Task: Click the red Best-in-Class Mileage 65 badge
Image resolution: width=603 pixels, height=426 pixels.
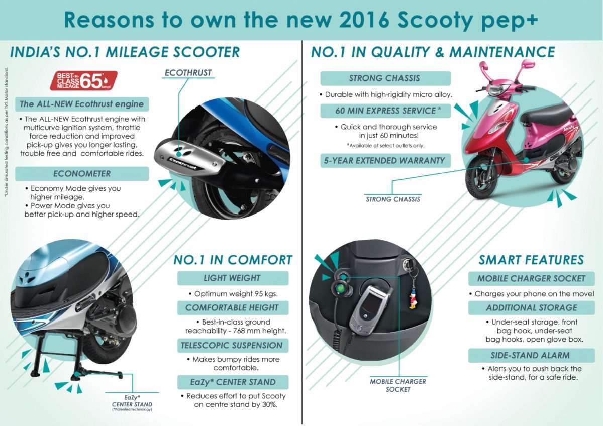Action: pyautogui.click(x=84, y=80)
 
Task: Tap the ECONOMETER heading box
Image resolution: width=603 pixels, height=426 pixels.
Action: pyautogui.click(x=82, y=174)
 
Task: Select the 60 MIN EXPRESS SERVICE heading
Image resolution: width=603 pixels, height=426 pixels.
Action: pyautogui.click(x=385, y=111)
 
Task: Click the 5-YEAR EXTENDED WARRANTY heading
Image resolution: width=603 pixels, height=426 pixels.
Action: pyautogui.click(x=385, y=160)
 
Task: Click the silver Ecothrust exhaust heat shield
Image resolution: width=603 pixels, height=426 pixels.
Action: pyautogui.click(x=189, y=158)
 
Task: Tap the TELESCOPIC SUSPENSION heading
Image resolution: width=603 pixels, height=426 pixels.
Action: pyautogui.click(x=233, y=345)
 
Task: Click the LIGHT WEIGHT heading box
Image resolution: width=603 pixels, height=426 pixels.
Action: pyautogui.click(x=233, y=278)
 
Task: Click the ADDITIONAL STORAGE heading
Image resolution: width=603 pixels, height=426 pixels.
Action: pyautogui.click(x=532, y=307)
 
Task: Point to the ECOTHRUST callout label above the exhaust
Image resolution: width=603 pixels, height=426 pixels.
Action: pyautogui.click(x=188, y=73)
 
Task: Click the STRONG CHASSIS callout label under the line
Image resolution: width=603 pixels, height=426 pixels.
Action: pyautogui.click(x=393, y=199)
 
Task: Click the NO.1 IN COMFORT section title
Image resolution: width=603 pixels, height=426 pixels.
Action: pyautogui.click(x=233, y=260)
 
